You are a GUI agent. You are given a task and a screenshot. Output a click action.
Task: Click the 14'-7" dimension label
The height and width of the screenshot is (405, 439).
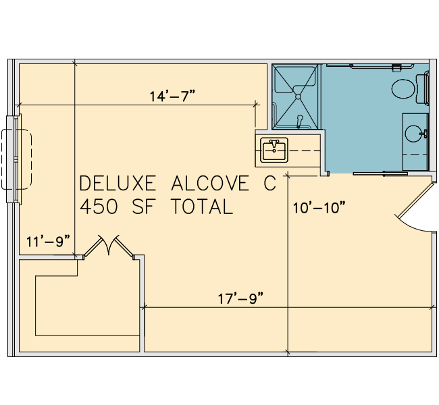172,97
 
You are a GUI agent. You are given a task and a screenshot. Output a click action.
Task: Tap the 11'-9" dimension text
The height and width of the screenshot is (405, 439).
48,241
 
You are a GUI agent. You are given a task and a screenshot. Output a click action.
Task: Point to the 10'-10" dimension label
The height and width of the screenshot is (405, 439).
319,208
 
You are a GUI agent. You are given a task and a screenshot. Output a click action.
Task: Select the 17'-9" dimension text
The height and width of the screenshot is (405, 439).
241,298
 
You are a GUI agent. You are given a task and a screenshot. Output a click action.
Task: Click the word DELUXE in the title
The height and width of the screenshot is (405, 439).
118,184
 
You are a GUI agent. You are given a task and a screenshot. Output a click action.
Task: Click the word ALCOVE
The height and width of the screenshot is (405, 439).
210,184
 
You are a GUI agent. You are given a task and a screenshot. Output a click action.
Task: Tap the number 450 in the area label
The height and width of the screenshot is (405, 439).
99,207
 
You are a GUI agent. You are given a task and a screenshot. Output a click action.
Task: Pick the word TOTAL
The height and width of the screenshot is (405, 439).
202,207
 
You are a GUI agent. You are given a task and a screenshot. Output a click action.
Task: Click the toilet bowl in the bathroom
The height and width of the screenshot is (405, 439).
403,88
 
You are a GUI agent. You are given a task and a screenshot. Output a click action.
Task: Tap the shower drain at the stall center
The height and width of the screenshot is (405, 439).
298,97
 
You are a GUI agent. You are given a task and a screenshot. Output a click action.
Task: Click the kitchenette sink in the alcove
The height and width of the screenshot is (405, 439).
274,150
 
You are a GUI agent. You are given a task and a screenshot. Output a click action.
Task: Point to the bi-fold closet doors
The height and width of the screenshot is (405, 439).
109,246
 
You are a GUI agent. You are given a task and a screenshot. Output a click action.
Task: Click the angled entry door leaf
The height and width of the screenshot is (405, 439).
415,200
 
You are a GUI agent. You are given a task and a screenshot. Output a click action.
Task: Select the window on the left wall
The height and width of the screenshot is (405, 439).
14,159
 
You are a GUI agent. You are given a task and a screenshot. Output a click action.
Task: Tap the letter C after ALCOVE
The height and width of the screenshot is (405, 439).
269,184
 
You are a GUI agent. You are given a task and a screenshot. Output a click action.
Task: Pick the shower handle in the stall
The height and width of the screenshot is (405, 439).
300,121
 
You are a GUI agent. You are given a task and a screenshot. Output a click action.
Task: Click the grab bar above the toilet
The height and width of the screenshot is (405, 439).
382,66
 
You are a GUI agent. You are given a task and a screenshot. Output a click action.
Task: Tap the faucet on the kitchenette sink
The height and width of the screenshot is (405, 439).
274,144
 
